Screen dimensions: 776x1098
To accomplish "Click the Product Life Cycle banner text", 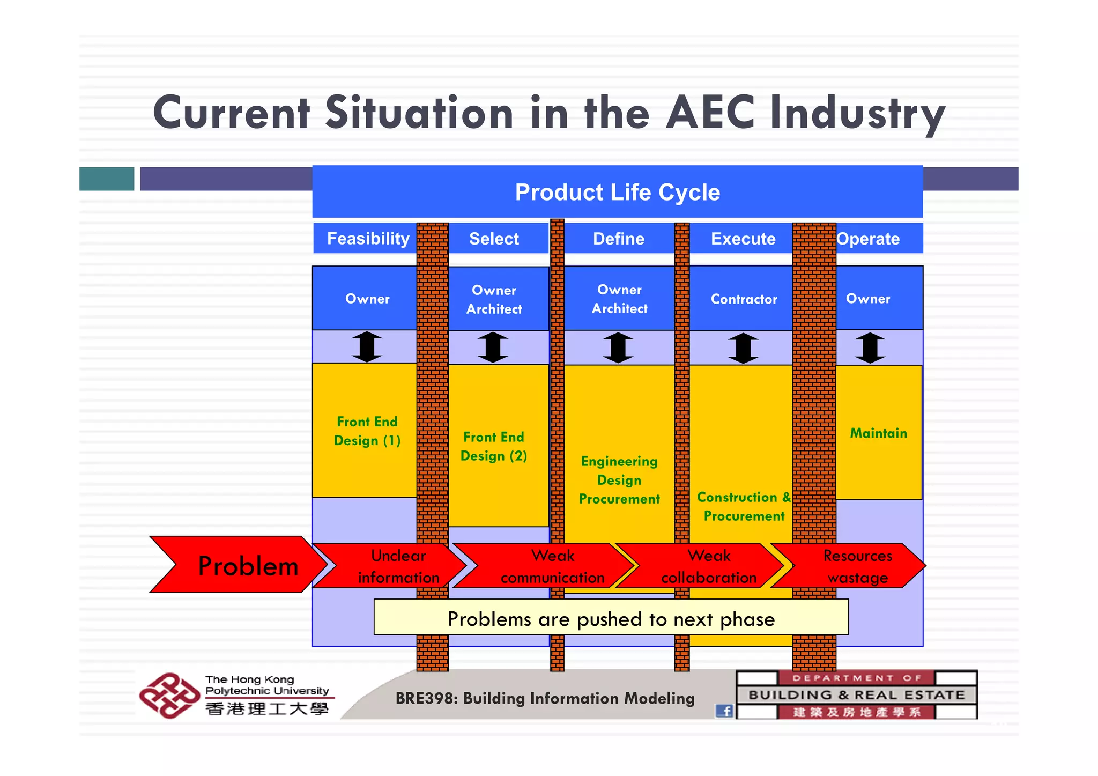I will coord(617,193).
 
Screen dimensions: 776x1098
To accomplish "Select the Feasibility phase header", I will coord(368,239).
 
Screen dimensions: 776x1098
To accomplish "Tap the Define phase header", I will coord(618,239).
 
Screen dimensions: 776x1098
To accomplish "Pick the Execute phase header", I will coord(743,239).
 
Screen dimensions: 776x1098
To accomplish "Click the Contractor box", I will coord(743,299).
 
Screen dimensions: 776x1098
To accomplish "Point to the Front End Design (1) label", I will coord(367,431).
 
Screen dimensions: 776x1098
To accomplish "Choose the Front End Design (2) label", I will coord(494,446).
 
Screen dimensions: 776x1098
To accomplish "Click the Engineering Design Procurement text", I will coord(619,480).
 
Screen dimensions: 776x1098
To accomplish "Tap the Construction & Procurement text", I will coord(744,506).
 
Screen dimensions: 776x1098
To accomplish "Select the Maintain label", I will coord(878,433).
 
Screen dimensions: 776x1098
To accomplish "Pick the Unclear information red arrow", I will coord(394,566).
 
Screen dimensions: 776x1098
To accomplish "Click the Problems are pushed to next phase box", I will coord(611,618).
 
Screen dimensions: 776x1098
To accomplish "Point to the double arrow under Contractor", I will coord(743,348).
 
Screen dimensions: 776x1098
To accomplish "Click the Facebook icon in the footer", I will coord(724,711).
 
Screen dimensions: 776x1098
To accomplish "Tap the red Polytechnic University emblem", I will coord(168,696).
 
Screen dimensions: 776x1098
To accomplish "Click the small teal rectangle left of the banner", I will coord(107,179).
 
